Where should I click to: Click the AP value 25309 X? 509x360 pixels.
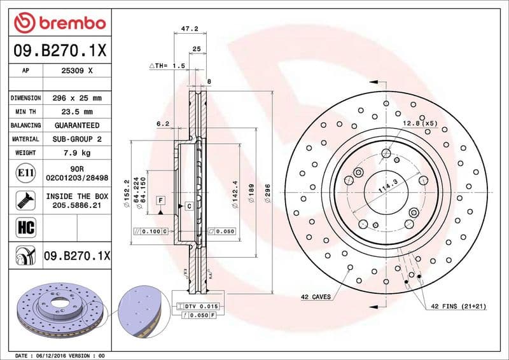tap(78, 71)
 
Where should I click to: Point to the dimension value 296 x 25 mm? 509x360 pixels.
tap(78, 98)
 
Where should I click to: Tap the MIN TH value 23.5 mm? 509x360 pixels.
tap(78, 112)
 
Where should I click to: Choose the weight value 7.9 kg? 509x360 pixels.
tap(78, 153)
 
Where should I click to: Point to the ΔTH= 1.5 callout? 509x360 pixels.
tap(167, 66)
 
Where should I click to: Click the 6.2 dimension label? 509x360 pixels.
tap(163, 123)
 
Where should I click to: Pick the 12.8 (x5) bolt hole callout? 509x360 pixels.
tap(420, 123)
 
